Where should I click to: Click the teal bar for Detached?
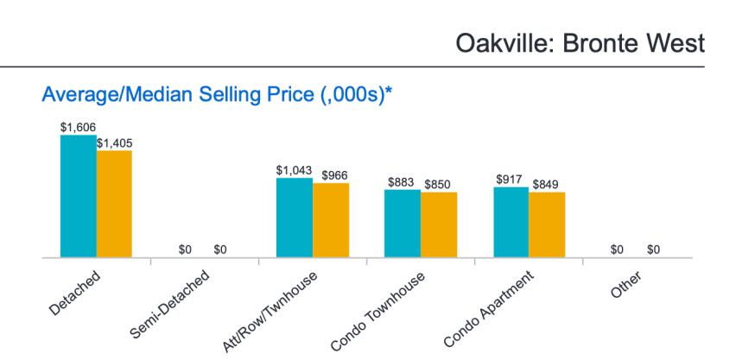(78, 196)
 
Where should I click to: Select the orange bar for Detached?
(114, 204)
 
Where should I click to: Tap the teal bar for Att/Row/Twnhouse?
(294, 218)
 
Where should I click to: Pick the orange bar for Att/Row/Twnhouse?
(331, 220)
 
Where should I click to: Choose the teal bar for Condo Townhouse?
(403, 223)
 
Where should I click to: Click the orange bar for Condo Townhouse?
(439, 224)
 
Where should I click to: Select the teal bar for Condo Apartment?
(511, 222)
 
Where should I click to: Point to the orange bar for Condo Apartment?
(547, 224)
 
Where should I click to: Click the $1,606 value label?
(78, 126)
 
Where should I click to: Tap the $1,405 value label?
(114, 142)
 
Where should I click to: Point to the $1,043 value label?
(294, 170)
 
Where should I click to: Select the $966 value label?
(334, 175)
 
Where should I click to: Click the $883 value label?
(402, 182)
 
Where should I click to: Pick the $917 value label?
(511, 179)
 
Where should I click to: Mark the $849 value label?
(546, 184)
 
